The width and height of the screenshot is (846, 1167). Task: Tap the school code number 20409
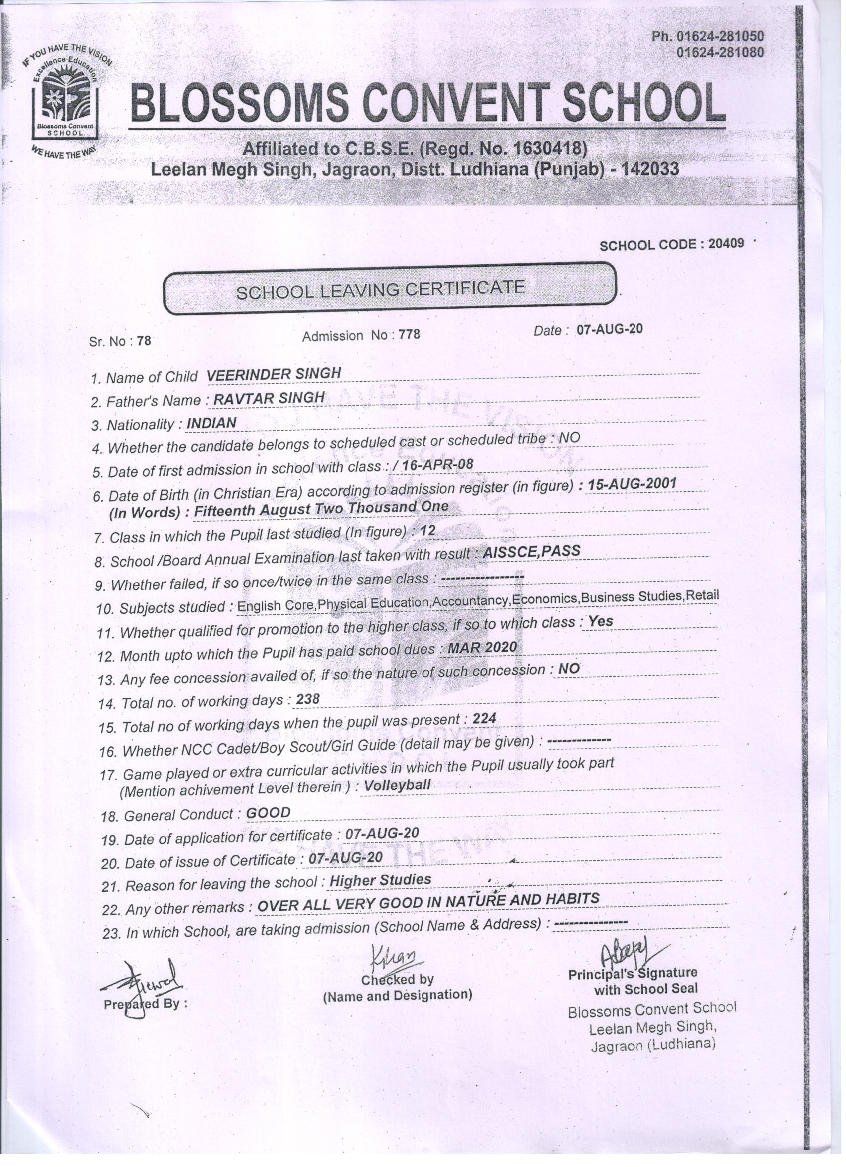click(x=726, y=244)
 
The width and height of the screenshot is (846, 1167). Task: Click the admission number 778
click(x=410, y=335)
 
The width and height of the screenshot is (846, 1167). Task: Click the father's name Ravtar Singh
click(x=269, y=398)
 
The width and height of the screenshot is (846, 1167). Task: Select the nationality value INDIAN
click(x=211, y=423)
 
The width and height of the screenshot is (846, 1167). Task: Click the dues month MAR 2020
click(x=482, y=647)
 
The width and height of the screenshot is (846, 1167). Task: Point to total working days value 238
click(x=308, y=699)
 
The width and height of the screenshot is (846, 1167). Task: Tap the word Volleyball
click(x=397, y=786)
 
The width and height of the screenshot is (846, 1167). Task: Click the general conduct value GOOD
click(x=268, y=813)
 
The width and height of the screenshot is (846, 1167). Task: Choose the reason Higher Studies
click(x=380, y=880)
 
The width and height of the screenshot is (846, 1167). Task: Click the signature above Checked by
click(x=396, y=957)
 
